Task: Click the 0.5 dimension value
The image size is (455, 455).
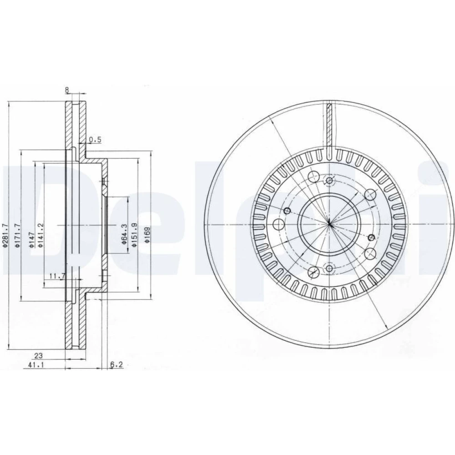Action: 95,140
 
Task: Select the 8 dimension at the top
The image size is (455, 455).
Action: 67,90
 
